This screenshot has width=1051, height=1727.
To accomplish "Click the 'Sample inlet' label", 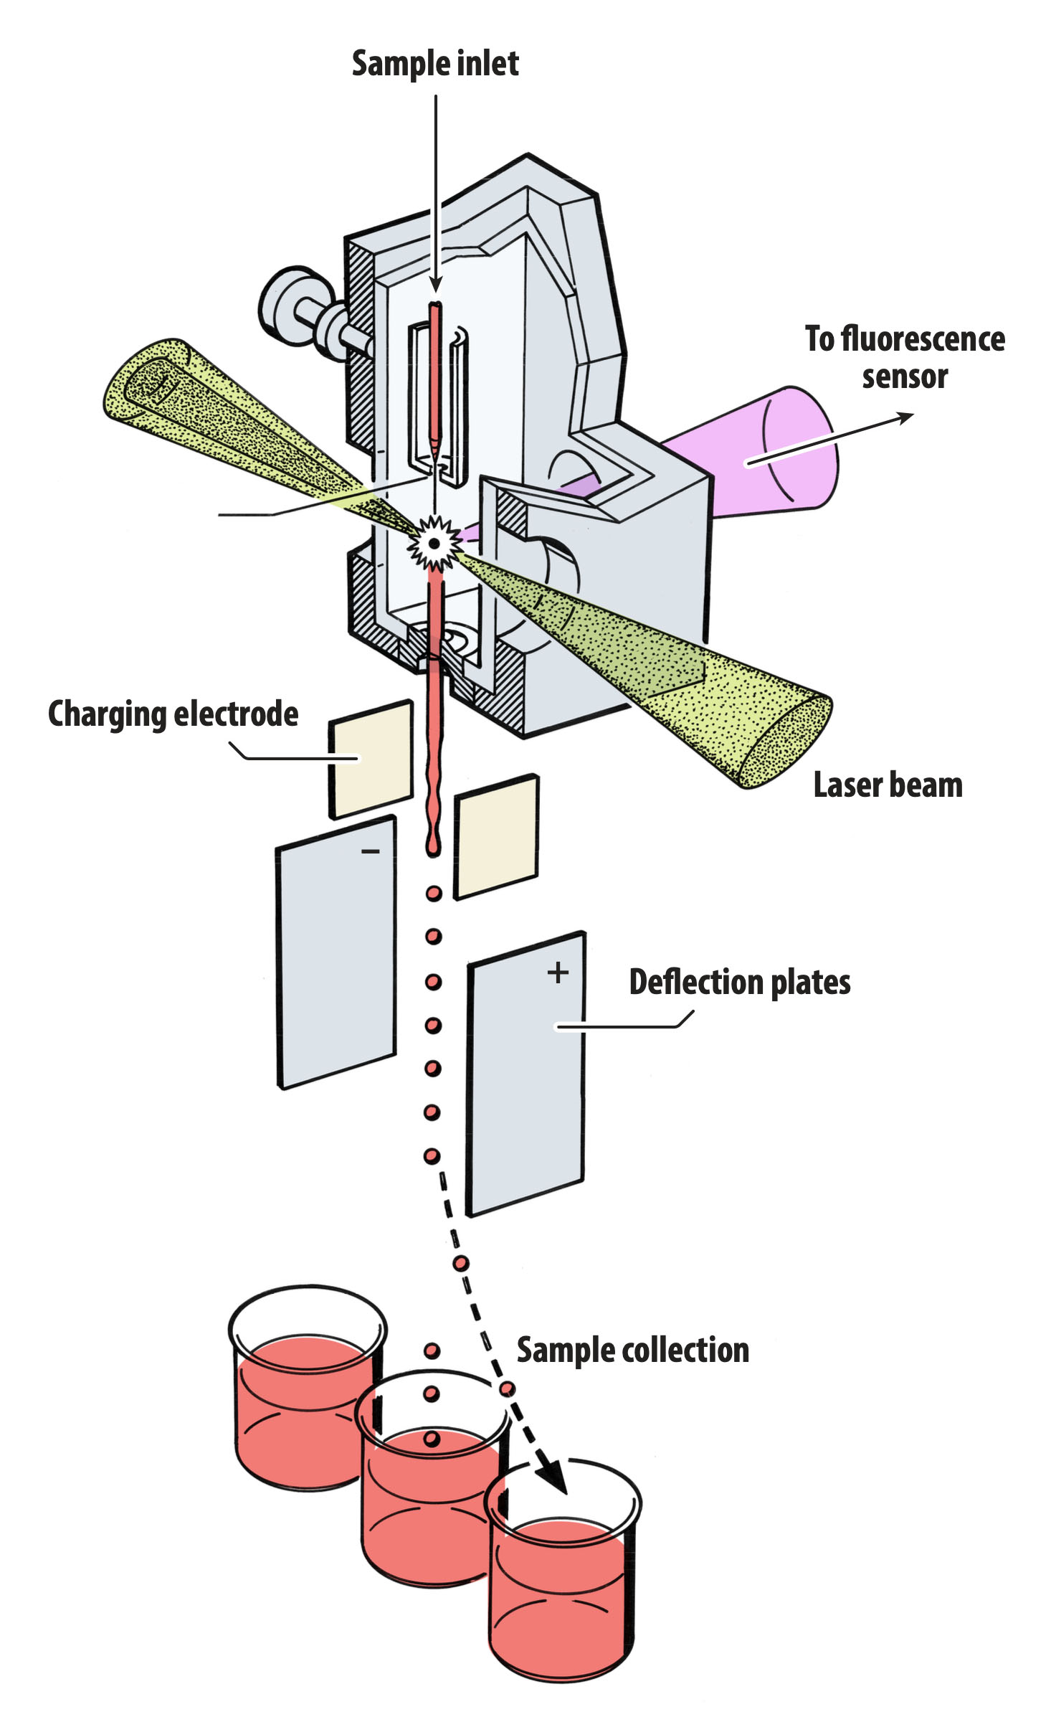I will pos(434,64).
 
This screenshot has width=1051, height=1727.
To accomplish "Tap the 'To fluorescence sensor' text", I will pos(904,357).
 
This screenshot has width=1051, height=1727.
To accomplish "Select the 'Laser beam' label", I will pos(888,785).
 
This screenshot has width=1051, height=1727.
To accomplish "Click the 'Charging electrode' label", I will pos(173,714).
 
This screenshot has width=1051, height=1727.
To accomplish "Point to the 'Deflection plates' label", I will pos(739,982).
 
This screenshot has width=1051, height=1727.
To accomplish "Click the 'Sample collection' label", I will pos(632,1350).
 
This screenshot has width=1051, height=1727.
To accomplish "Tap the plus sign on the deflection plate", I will pos(558,973).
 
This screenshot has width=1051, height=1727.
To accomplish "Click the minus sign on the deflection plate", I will pos(370,851).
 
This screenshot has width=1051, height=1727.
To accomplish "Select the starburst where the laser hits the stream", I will pos(434,543).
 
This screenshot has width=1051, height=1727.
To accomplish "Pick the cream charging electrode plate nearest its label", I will pos(371,759).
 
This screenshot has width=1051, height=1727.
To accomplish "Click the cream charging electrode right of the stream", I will pos(496,836).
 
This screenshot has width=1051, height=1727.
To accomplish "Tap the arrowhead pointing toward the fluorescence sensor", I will pos(905,417).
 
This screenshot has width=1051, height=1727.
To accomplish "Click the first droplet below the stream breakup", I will pos(434,894).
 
